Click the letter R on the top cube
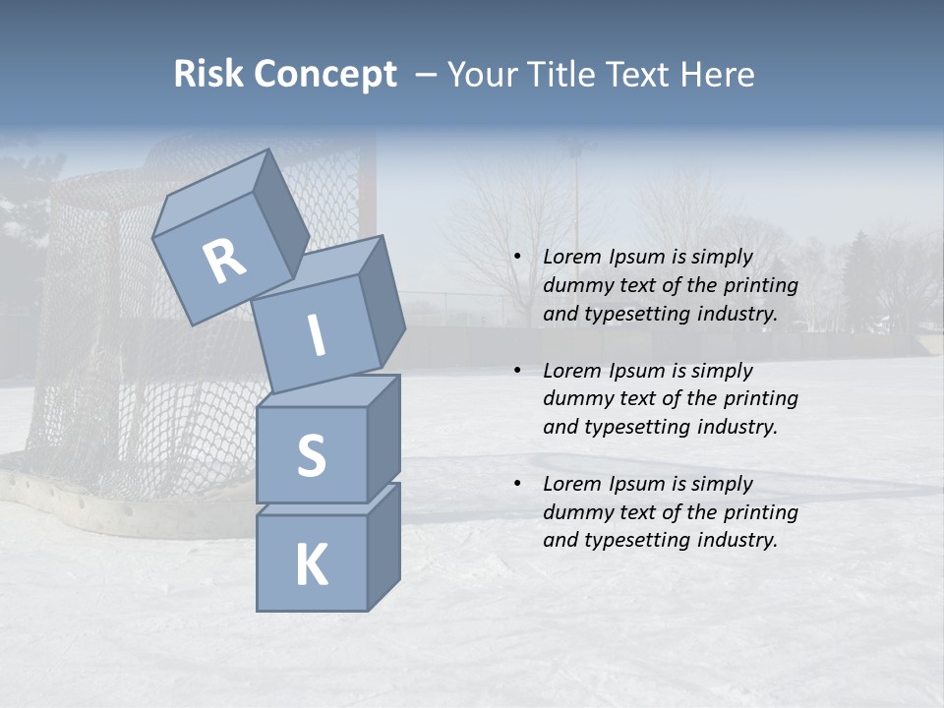224,261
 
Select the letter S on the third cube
311,456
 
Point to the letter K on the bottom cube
311,565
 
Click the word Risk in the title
207,75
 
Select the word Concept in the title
326,75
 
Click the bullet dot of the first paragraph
517,257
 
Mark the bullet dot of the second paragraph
517,371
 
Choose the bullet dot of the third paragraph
517,484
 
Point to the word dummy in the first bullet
574,286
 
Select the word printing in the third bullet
761,512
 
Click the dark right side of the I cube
382,300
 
